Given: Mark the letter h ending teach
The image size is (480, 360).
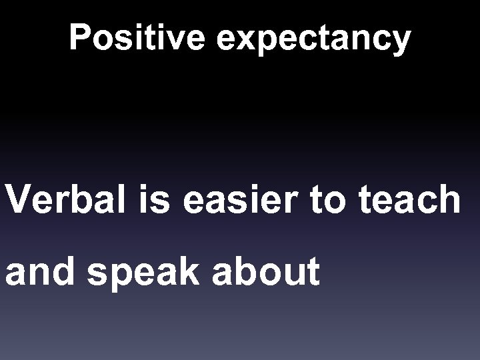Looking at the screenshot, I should coord(447,199).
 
